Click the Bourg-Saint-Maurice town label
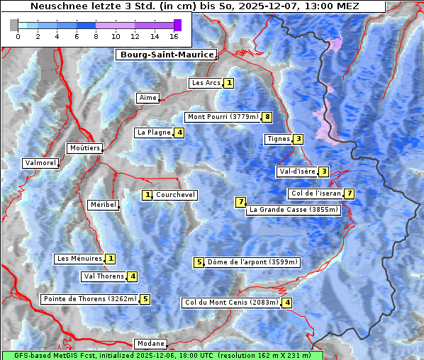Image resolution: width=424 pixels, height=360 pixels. (x=166, y=55)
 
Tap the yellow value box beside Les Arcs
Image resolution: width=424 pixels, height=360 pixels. (x=229, y=83)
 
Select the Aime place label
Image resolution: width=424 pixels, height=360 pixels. (x=147, y=98)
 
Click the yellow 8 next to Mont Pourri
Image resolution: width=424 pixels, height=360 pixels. (x=267, y=117)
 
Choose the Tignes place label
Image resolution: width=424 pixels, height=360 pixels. (x=278, y=139)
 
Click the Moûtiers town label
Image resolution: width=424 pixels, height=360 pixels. (x=84, y=148)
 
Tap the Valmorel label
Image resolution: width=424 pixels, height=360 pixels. (x=40, y=163)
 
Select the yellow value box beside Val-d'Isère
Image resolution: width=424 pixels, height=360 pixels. (x=323, y=171)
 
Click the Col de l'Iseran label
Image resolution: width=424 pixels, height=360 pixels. (x=316, y=193)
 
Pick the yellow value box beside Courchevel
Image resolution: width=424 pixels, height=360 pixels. (x=147, y=195)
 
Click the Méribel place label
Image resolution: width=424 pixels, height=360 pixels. (x=103, y=205)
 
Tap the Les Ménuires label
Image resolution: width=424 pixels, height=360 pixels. (x=79, y=259)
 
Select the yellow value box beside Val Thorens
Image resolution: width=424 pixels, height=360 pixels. (x=133, y=276)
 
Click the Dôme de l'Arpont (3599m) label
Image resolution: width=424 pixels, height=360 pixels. (x=252, y=262)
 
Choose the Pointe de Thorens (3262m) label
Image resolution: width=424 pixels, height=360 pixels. (x=89, y=299)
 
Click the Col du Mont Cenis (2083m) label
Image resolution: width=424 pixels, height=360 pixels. (x=230, y=303)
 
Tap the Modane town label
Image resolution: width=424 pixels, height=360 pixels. (x=150, y=344)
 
